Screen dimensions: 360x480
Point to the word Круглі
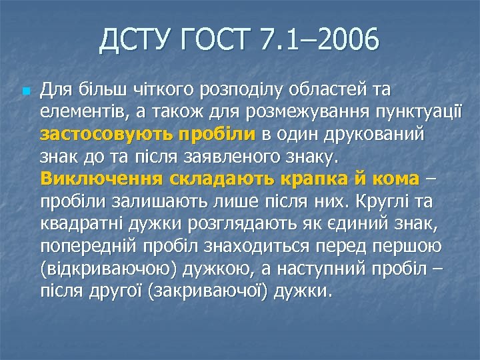tap(378, 201)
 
